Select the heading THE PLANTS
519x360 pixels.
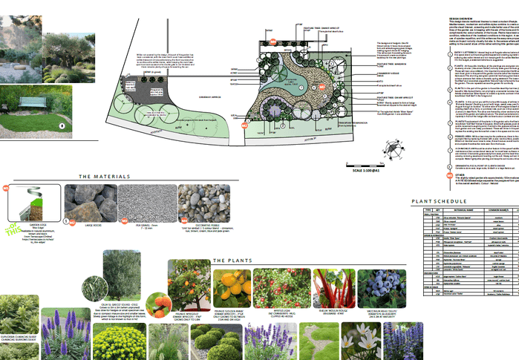[x=230, y=261]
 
